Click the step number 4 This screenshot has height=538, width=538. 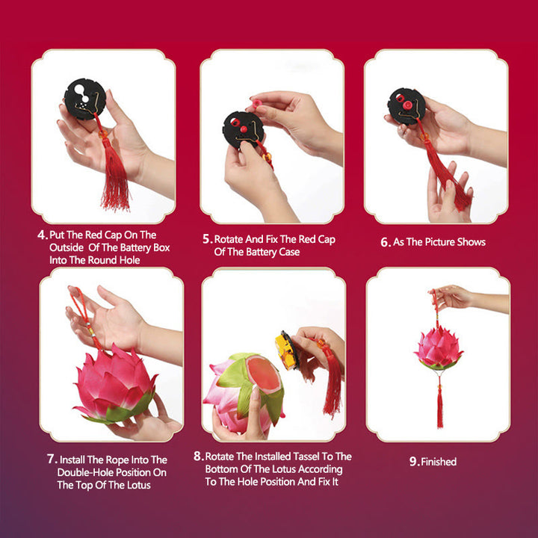(42, 234)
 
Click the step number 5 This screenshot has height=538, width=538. (207, 239)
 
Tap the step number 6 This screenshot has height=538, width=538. (386, 242)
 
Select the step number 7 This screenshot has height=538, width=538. (52, 459)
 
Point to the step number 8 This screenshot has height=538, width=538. (198, 457)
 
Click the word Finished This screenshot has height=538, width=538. (439, 462)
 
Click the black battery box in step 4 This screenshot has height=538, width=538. (84, 99)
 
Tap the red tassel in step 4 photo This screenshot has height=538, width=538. (115, 183)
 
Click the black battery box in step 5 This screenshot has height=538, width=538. (244, 129)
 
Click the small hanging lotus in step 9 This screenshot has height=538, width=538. (439, 348)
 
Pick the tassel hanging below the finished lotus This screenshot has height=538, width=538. (439, 407)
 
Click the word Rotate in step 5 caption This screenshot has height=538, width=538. (231, 239)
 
